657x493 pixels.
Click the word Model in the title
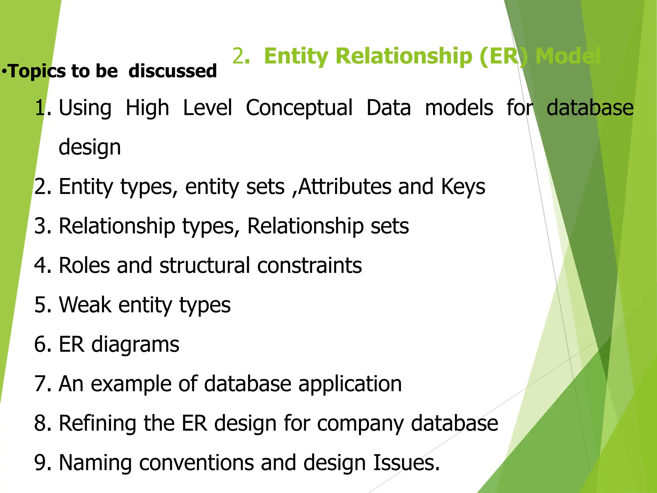(568, 56)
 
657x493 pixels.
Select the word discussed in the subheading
(173, 71)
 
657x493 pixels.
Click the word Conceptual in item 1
(299, 108)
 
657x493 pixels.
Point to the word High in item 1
(147, 108)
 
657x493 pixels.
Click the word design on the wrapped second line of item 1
(90, 148)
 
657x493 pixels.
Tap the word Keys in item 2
(463, 186)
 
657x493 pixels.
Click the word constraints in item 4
(310, 265)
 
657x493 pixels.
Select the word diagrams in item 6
(135, 345)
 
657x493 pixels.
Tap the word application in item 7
(350, 384)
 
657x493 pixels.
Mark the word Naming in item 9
(95, 463)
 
